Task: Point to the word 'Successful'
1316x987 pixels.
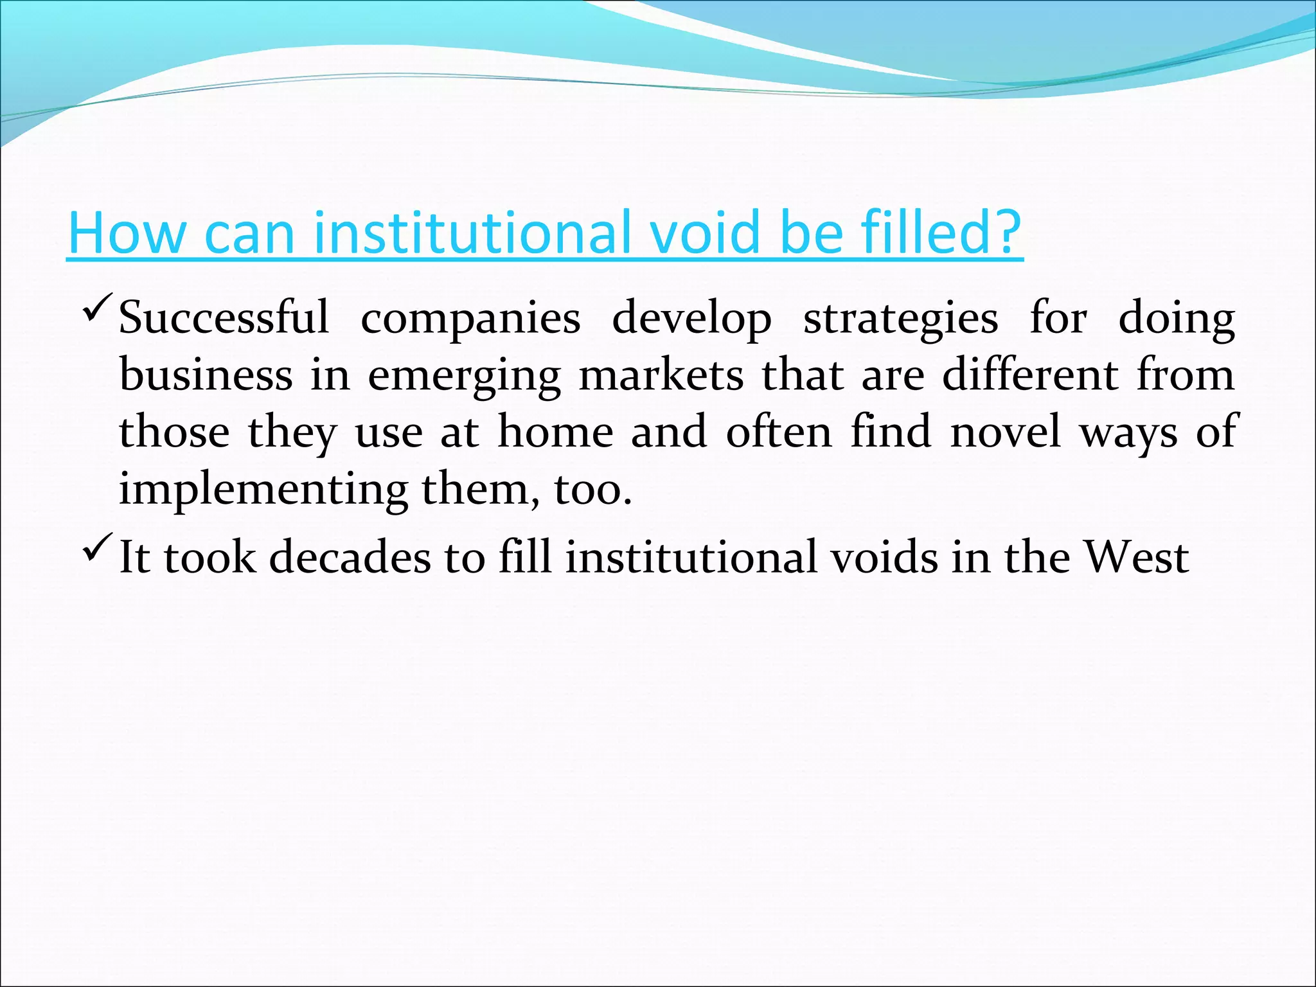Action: pos(224,317)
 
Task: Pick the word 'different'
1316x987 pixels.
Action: pos(1031,375)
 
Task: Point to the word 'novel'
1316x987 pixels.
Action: pos(1005,432)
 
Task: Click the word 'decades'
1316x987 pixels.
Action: pos(350,557)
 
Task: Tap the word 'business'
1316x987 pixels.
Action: pos(206,375)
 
